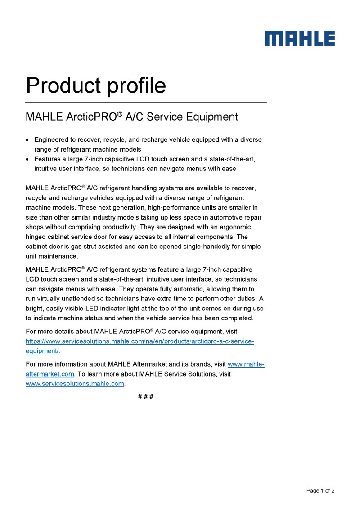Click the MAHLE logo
coord(300,38)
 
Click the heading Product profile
coord(96,85)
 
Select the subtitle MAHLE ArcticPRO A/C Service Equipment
coord(131,117)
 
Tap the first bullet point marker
coord(28,140)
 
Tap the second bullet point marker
coord(28,159)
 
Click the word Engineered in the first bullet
coord(52,139)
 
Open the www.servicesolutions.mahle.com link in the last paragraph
coord(74,384)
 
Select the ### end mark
coord(146,397)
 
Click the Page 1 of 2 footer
coord(320,491)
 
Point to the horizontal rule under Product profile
coord(146,103)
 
